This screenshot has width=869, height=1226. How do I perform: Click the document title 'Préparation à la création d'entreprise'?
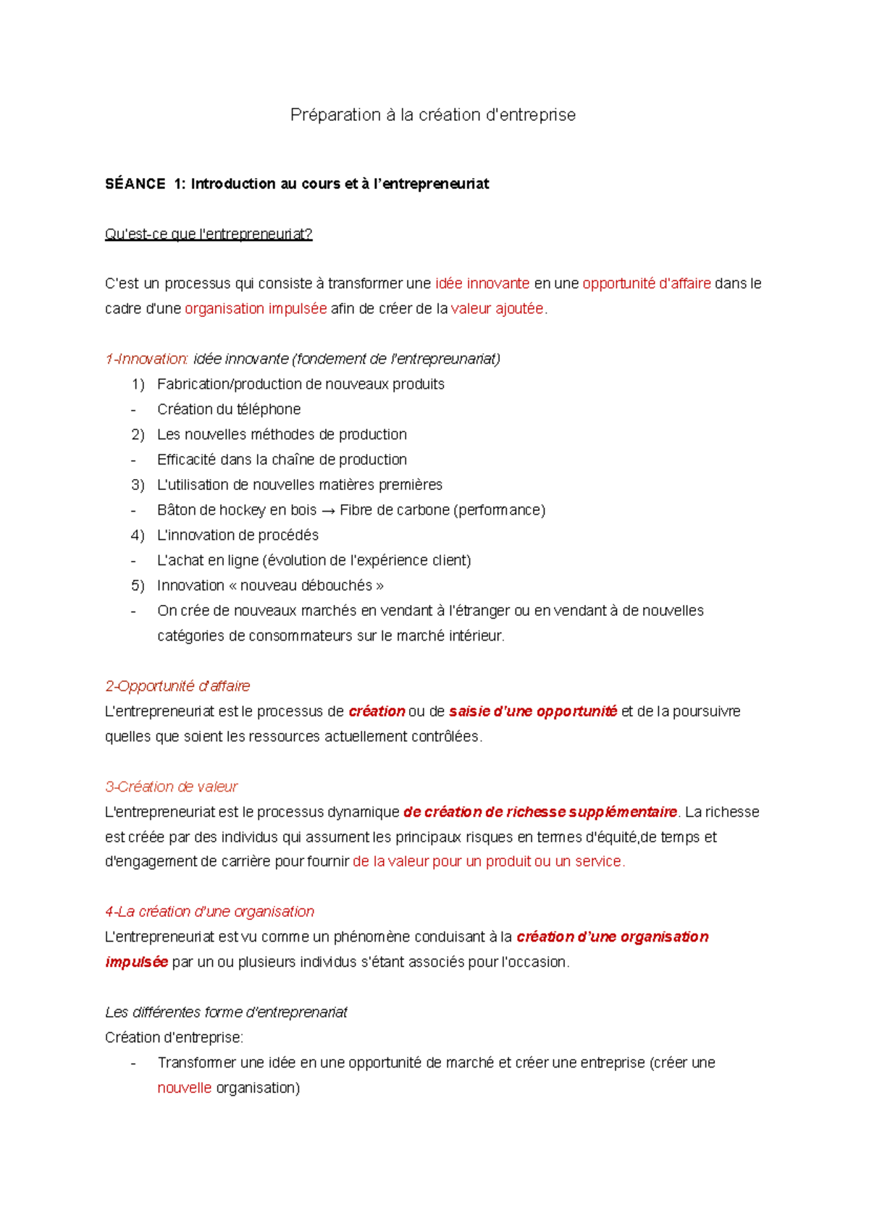click(x=432, y=115)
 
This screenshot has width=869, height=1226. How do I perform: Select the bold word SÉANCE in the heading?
click(x=135, y=184)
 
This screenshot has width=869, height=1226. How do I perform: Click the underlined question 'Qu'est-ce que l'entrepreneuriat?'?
click(x=209, y=234)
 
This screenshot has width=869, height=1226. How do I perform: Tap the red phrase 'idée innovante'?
click(x=482, y=284)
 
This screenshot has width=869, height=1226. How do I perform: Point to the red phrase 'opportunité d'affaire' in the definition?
click(x=647, y=284)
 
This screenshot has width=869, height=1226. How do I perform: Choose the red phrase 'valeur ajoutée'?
click(x=497, y=309)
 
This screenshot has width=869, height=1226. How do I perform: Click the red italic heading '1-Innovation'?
click(x=147, y=359)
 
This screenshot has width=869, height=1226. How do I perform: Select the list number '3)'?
click(x=138, y=485)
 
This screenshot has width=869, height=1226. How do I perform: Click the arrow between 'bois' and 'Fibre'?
click(x=328, y=510)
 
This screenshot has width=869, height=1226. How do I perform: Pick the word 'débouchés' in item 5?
click(x=337, y=585)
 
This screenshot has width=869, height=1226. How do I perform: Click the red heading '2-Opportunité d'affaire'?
click(x=177, y=686)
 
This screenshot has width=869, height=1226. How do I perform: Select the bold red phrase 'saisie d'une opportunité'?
click(x=533, y=711)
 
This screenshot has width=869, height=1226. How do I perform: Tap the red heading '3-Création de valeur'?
click(x=171, y=787)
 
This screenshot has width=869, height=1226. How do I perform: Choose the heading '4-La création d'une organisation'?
click(x=210, y=912)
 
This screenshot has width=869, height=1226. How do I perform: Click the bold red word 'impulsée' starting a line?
click(x=137, y=963)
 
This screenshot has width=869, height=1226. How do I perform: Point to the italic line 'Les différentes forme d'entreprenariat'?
click(x=226, y=1012)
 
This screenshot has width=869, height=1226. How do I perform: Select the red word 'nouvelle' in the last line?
click(x=184, y=1088)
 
